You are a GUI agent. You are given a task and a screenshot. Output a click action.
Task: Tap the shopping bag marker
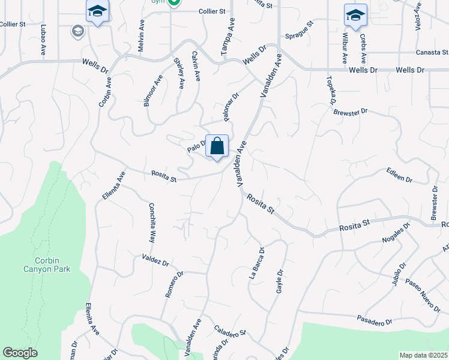tap(217, 146)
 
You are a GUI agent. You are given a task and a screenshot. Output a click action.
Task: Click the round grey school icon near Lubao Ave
tap(77, 31)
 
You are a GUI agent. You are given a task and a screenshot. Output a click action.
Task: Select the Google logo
tap(20, 353)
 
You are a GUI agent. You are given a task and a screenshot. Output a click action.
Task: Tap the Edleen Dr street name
tap(400, 175)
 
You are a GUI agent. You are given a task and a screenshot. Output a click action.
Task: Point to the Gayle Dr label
tap(280, 280)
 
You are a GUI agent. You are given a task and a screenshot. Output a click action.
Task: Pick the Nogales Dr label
tap(395, 233)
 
